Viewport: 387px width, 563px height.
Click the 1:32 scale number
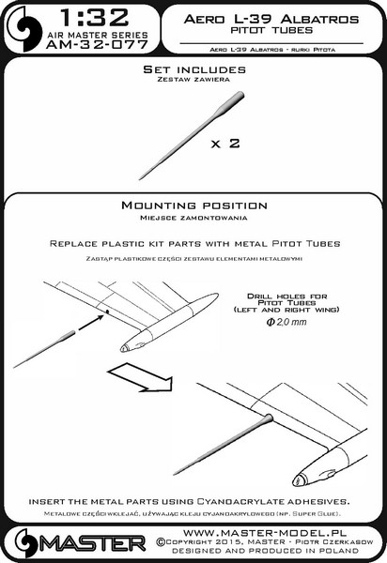tap(95, 18)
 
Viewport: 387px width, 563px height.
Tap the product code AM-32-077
tap(97, 44)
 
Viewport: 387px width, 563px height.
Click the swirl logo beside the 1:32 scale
tap(23, 29)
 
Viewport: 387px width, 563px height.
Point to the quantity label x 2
tap(225, 144)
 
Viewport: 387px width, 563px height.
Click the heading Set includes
tap(194, 69)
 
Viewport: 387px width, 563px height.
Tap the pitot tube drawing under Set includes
tap(192, 136)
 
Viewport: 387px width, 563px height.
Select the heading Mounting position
tap(194, 205)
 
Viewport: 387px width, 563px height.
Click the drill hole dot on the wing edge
tap(107, 312)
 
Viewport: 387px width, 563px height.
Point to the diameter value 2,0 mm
tap(286, 322)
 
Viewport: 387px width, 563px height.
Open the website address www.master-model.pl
tap(265, 532)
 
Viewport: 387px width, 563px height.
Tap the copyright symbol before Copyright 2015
tap(161, 542)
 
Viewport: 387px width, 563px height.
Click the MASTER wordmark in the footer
tap(93, 543)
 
